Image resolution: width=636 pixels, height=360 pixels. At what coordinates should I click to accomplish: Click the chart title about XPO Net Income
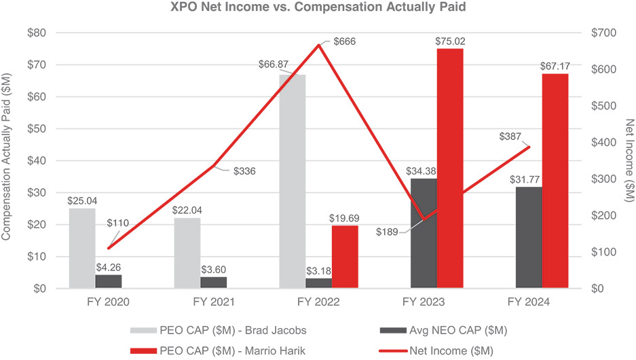coord(318,8)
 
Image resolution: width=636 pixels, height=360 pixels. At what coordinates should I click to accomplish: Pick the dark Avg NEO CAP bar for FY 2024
coord(529,237)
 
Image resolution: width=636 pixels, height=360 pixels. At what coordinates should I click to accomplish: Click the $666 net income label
coord(344,41)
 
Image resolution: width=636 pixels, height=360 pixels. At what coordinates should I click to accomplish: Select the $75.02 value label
coord(449,41)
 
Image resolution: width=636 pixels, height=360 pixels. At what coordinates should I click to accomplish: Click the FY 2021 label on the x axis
coord(212,300)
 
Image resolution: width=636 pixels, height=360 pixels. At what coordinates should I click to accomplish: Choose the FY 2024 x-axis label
coord(529,300)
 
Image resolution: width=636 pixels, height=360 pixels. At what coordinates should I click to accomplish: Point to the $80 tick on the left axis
coord(35,33)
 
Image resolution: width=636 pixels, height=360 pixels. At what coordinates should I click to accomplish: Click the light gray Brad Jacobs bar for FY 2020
coord(81,248)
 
